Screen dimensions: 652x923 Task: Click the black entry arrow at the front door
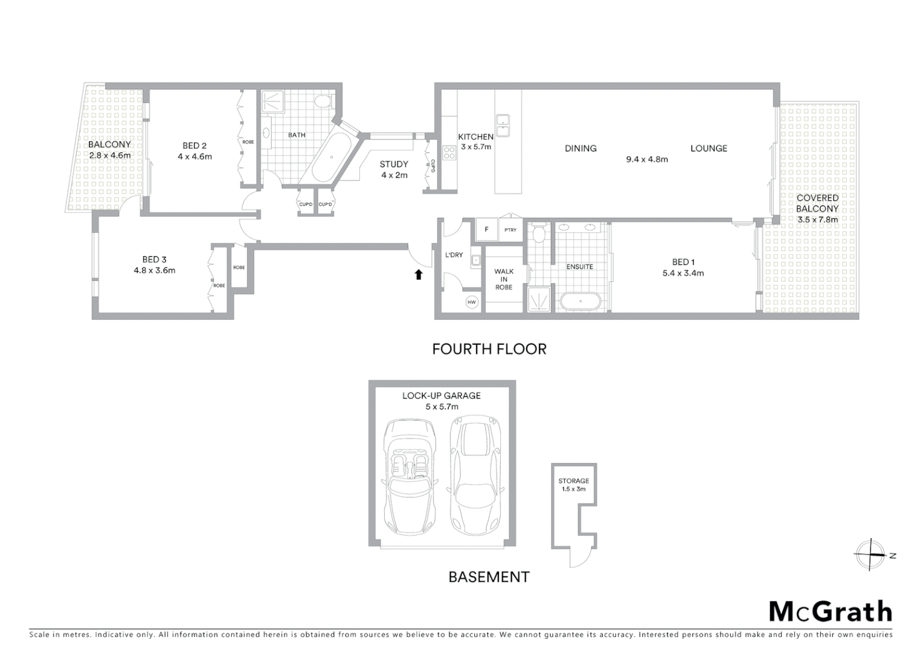(418, 275)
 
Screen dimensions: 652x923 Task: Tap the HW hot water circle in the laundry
(472, 302)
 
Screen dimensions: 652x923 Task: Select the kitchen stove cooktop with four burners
(449, 153)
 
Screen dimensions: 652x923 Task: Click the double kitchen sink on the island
(503, 126)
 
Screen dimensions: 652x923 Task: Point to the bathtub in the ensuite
(580, 301)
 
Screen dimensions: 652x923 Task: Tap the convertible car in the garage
(409, 476)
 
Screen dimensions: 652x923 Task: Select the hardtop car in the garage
(475, 476)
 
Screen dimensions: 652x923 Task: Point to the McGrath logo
(830, 612)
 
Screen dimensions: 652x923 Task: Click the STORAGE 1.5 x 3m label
(573, 485)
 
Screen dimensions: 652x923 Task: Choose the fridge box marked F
(486, 229)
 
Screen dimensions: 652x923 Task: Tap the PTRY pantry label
(510, 230)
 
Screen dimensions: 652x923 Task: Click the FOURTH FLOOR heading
(489, 349)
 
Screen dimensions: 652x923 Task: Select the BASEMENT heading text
(489, 577)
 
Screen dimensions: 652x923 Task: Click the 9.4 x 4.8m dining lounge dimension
(646, 159)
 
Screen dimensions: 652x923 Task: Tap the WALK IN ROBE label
(504, 279)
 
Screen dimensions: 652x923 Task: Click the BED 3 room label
(155, 260)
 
